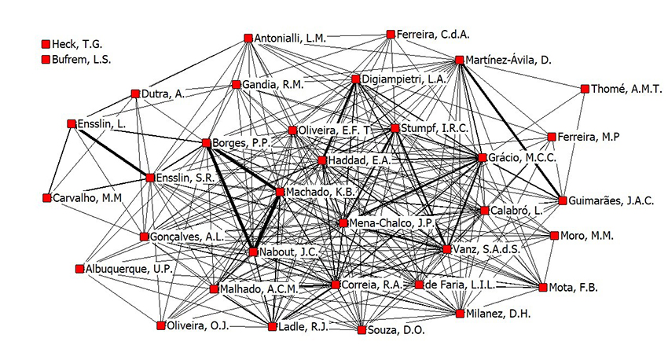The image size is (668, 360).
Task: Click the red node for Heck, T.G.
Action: (46, 45)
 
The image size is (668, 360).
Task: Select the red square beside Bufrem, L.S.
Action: (46, 59)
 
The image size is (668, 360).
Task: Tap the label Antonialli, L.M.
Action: (290, 38)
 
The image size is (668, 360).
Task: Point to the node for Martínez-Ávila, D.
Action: (459, 60)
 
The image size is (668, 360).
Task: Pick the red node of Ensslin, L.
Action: (72, 123)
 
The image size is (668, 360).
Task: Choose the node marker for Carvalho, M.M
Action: (46, 197)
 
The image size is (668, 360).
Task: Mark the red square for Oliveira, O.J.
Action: (160, 325)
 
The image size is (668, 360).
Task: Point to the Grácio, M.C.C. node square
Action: (483, 158)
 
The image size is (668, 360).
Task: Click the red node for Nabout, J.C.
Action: (253, 252)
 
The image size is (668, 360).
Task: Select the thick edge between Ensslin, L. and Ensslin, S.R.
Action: (110, 150)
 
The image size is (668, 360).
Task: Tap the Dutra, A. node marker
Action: (135, 94)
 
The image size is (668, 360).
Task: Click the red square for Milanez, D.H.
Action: (461, 314)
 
